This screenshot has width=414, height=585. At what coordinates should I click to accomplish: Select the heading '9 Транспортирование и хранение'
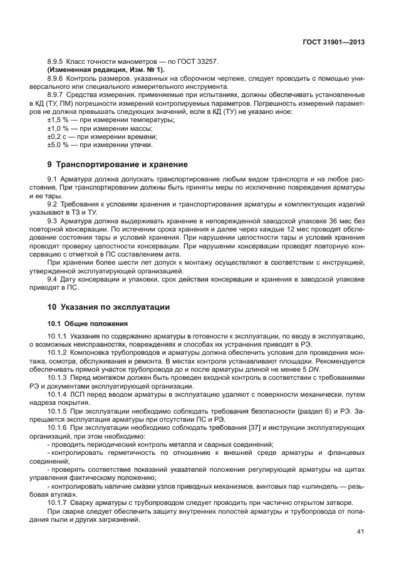(118, 164)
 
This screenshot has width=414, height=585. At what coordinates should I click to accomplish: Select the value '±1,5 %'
(59, 119)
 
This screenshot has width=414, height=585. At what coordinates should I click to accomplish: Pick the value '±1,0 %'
(59, 128)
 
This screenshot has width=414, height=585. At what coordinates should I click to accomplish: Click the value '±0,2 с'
(58, 136)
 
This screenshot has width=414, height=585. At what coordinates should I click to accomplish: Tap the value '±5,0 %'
(59, 145)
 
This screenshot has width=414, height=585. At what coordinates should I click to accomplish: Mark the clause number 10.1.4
(59, 394)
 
